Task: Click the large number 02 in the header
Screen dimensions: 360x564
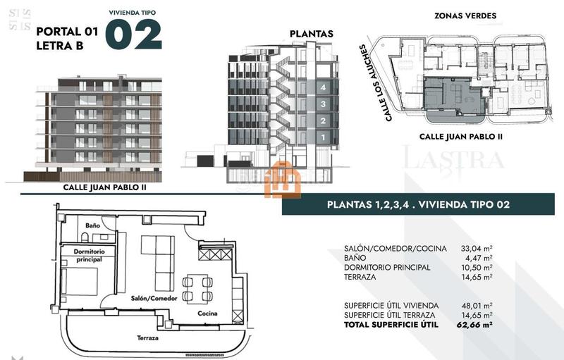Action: coord(133,35)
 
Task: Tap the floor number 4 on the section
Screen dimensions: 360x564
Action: coord(322,87)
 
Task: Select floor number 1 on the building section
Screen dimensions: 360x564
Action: coord(322,137)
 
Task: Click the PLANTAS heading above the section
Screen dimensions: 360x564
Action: coord(312,34)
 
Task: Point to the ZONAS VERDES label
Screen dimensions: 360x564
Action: coord(465,15)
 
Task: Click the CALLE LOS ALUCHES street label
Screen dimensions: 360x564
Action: coord(374,83)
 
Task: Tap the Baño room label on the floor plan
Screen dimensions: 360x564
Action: coord(92,225)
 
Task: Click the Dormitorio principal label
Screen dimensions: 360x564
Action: coord(89,255)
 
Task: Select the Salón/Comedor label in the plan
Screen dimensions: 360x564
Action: coord(153,298)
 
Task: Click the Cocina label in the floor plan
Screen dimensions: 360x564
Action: coord(207,314)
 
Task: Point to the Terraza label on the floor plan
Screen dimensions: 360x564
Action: coord(147,338)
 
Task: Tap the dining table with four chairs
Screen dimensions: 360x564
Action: coord(198,289)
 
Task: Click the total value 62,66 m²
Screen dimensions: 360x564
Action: coord(474,325)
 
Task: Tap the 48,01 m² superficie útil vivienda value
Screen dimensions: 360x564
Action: coord(477,305)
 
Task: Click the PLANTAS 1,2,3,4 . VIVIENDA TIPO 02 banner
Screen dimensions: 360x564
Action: coord(419,205)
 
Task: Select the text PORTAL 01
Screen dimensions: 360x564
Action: coord(66,31)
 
